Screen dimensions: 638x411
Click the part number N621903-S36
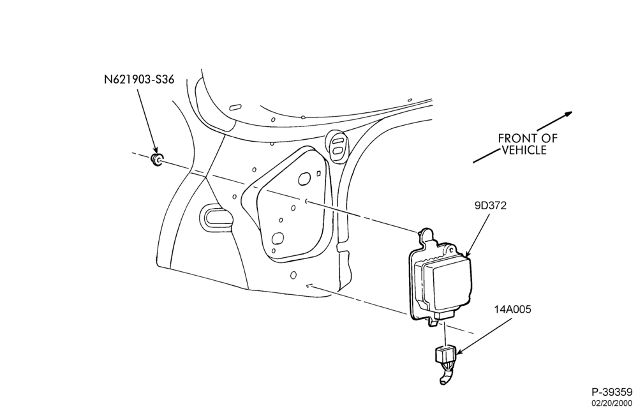coord(139,79)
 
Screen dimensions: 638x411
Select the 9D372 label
coord(490,205)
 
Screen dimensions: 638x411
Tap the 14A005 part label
coord(513,310)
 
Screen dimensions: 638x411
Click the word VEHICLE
coord(524,150)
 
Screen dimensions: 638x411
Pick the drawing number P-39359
coord(612,392)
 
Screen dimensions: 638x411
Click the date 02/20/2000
coord(612,403)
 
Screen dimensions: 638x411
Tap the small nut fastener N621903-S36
coord(157,160)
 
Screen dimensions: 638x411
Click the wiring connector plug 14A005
coord(447,354)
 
